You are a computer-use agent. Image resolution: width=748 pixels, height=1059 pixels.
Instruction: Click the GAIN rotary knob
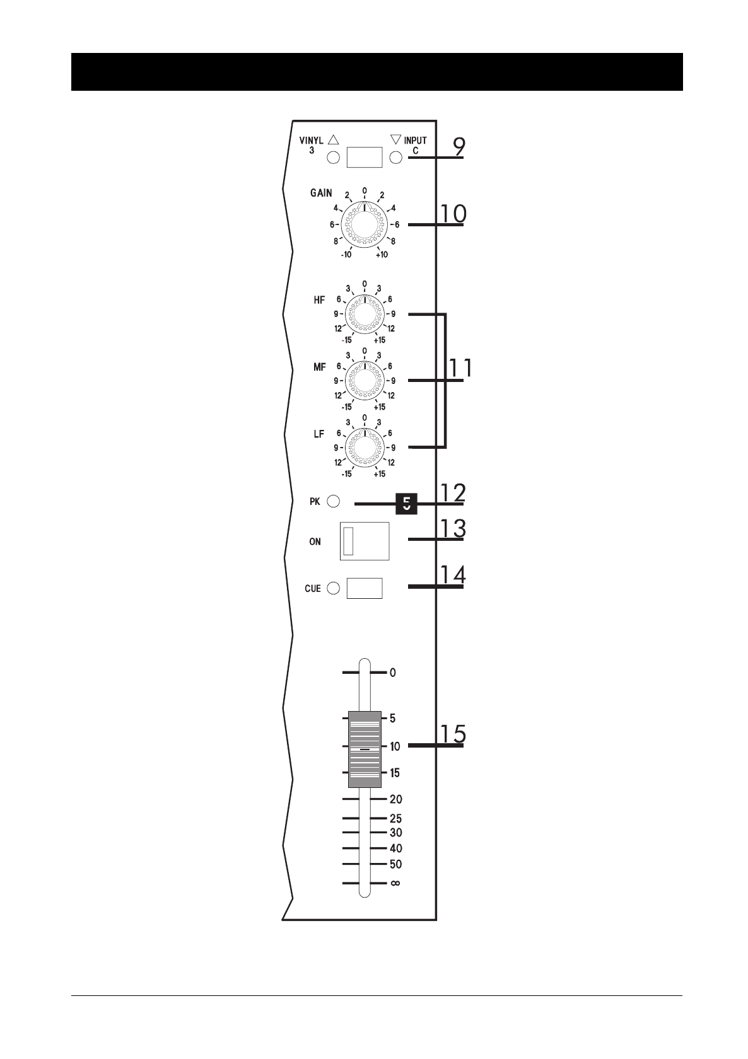(x=365, y=225)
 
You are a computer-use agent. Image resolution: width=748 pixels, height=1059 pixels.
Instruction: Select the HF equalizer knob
(x=365, y=314)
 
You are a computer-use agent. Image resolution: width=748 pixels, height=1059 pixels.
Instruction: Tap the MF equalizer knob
(x=365, y=381)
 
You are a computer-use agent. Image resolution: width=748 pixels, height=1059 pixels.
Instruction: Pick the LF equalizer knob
(x=365, y=448)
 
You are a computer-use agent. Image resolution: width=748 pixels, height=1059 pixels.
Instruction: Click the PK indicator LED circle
(x=334, y=502)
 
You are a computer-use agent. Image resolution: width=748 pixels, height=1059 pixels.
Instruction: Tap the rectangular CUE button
(x=365, y=588)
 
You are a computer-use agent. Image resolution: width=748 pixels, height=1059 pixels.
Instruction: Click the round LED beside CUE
(x=334, y=588)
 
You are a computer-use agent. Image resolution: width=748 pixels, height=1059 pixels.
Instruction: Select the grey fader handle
(x=365, y=749)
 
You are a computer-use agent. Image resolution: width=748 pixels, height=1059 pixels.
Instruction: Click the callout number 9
(x=459, y=147)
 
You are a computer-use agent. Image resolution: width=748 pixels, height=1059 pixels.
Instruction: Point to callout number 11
(x=460, y=367)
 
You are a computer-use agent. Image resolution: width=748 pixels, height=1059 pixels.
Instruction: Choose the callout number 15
(x=453, y=734)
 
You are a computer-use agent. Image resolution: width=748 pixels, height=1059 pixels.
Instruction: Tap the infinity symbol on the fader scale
(x=395, y=883)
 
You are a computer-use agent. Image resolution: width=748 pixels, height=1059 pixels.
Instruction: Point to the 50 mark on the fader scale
(x=395, y=864)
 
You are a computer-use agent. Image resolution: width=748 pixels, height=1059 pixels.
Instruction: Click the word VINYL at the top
(x=311, y=141)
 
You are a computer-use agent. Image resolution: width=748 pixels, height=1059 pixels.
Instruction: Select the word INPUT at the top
(x=415, y=141)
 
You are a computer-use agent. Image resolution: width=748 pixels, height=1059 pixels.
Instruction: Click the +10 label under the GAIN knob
(x=382, y=255)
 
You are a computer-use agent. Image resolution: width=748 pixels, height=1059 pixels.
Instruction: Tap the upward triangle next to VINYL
(x=334, y=139)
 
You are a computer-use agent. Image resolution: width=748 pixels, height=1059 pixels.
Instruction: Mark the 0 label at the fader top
(x=393, y=673)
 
